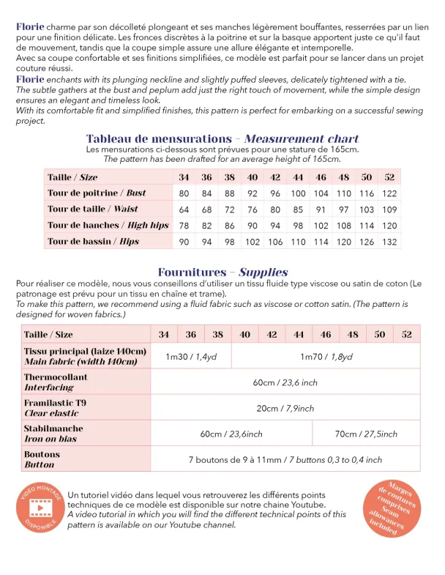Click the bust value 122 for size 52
[389, 193]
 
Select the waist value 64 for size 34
[184, 209]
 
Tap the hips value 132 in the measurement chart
[389, 242]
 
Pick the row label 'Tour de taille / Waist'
[93, 209]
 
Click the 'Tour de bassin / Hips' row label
[93, 242]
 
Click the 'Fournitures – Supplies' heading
[222, 272]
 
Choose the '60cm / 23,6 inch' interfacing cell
[285, 382]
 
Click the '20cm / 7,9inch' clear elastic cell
[285, 408]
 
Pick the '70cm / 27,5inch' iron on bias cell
[366, 434]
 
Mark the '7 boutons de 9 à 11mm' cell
[285, 459]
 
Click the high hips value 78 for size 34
[184, 226]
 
